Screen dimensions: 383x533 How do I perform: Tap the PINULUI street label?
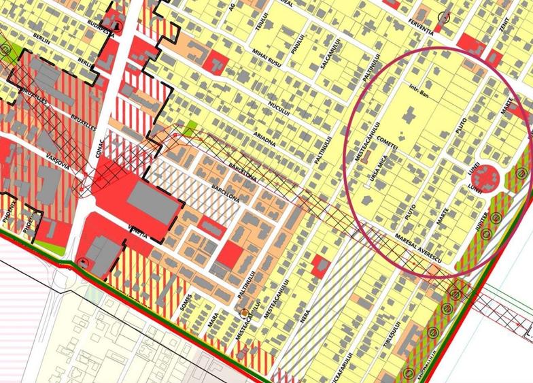click(x=294, y=49)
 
